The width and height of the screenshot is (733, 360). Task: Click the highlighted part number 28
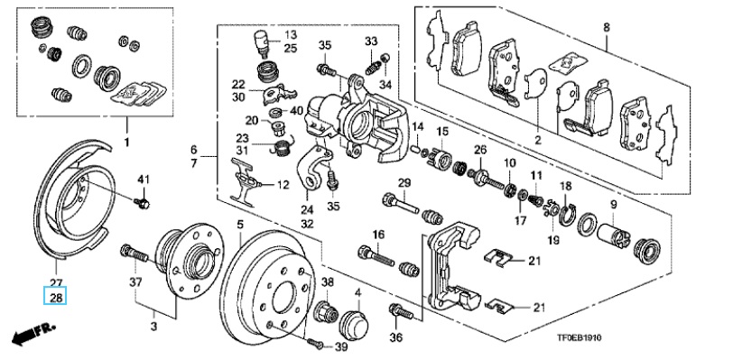56,297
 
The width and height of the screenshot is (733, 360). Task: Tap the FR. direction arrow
32,333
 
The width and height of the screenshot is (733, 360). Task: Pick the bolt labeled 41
142,203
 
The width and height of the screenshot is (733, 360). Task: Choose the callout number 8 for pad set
607,28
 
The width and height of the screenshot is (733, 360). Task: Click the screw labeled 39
317,344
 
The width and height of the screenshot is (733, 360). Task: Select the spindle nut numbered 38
326,312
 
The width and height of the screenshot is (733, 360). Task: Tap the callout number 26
480,150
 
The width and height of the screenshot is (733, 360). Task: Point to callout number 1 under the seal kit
126,142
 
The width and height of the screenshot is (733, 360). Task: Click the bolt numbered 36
401,312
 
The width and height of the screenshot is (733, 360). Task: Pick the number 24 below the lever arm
307,209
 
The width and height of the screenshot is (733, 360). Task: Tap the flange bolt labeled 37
135,254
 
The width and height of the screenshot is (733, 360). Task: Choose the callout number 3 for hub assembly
153,326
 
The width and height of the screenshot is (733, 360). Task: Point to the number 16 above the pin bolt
377,235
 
